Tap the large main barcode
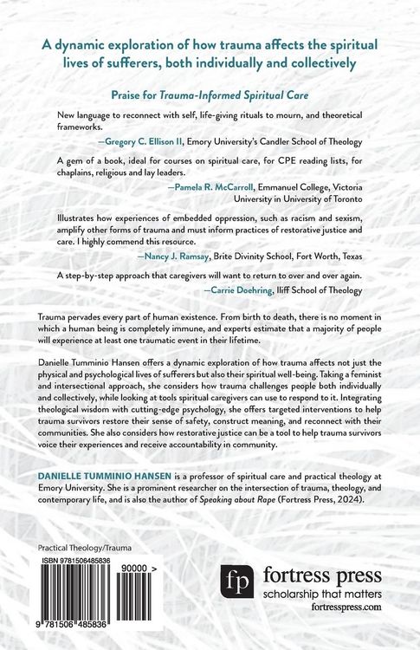coord(87,597)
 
